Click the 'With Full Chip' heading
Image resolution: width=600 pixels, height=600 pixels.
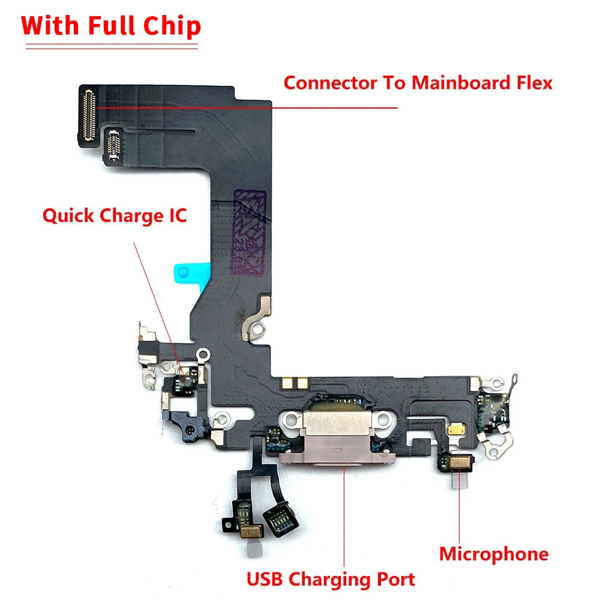111,27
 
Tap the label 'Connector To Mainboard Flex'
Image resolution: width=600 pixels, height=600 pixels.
418,83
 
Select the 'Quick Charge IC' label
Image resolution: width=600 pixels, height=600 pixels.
114,215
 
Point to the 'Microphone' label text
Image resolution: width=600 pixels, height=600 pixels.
493,554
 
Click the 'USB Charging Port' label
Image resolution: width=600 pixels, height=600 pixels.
331,580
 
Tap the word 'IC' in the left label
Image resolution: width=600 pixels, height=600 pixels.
175,215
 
